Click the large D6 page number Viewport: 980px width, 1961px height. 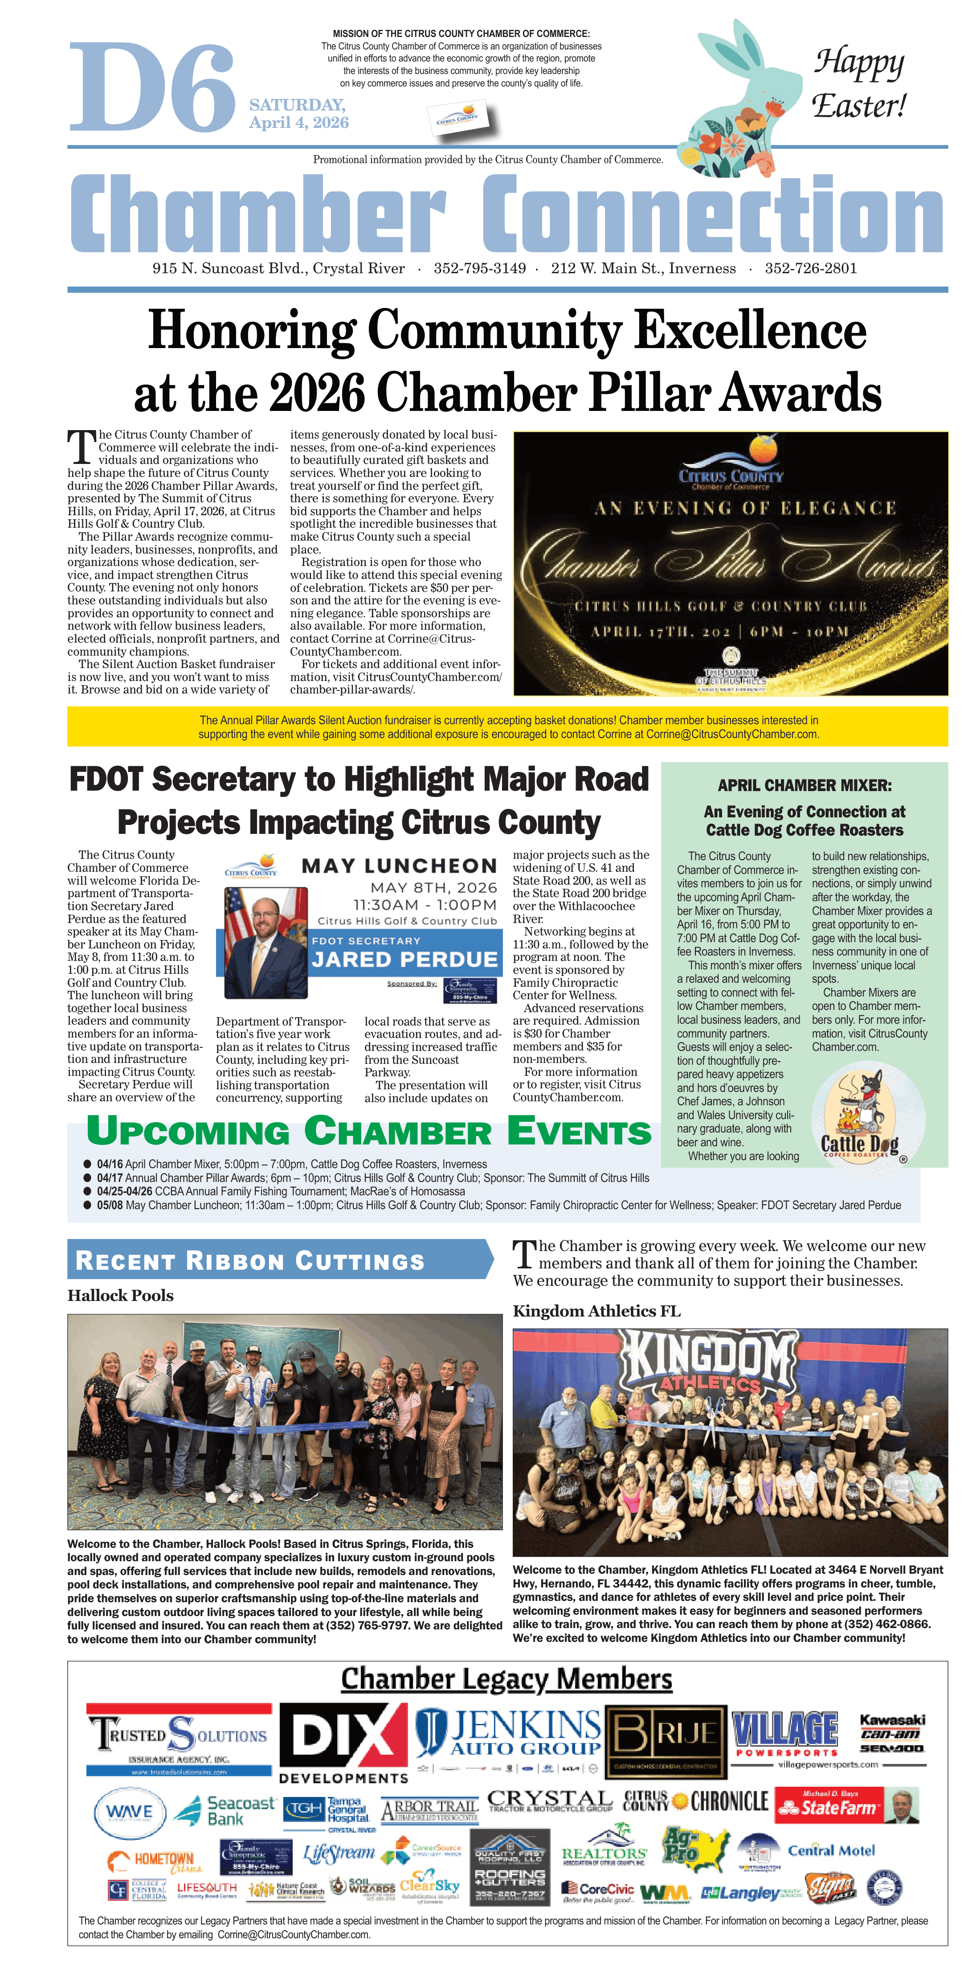152,87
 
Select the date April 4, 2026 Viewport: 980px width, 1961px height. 299,123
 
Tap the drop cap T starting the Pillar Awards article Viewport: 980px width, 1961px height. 82,447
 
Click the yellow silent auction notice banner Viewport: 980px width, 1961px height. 507,726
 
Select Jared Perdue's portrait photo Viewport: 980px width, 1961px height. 265,942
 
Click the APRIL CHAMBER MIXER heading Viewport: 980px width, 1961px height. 804,785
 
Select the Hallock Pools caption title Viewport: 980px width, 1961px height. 120,1296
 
